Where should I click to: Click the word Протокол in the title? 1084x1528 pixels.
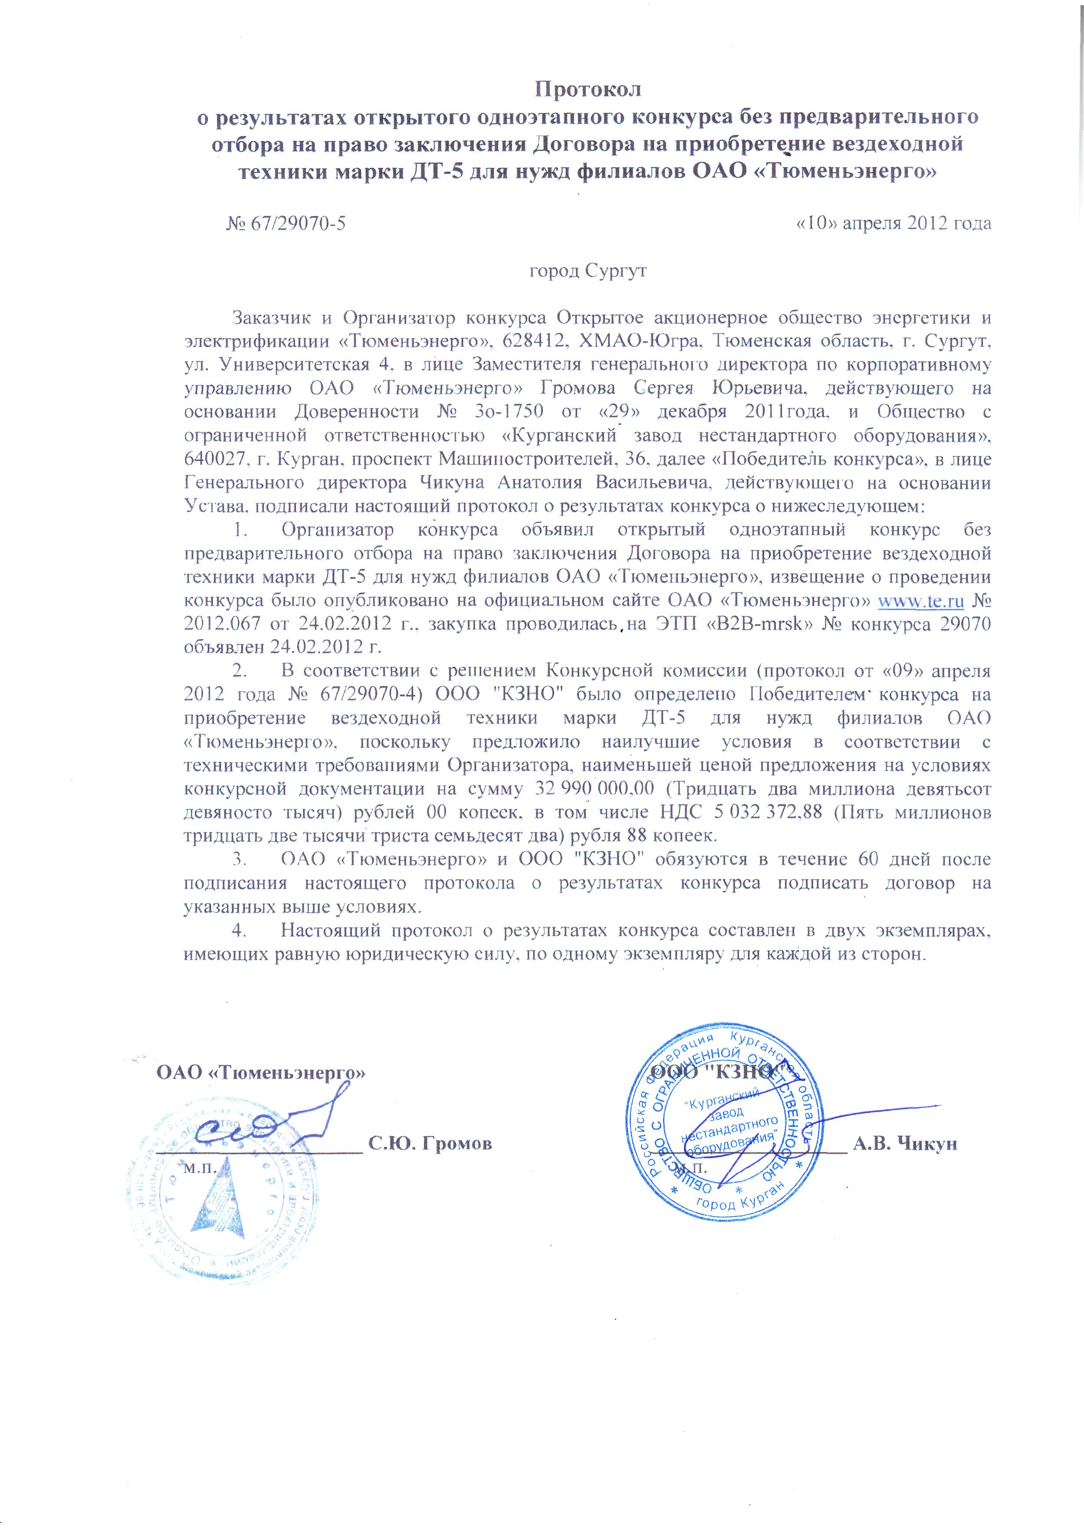[589, 89]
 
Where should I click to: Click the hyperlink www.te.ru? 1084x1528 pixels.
[920, 601]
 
